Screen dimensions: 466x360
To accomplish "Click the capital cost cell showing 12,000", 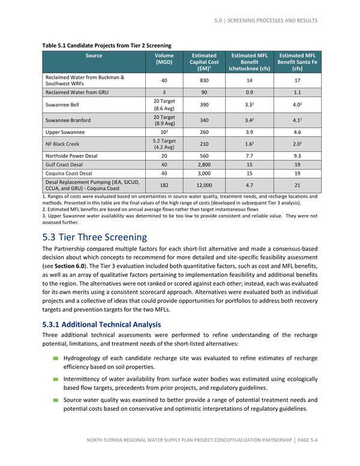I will pos(203,186).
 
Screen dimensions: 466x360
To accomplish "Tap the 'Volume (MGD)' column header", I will pos(164,59).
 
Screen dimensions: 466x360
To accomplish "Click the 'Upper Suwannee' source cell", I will pos(65,132).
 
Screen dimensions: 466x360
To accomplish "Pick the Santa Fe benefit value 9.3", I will pos(296,155).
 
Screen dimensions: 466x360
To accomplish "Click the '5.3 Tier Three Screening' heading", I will pos(95,237).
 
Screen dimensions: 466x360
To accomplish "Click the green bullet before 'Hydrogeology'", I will pos(55,359).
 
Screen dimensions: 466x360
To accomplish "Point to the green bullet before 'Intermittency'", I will pos(55,379).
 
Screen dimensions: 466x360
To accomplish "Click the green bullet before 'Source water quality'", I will pos(55,400).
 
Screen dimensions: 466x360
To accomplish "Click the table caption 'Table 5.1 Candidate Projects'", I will pos(107,45).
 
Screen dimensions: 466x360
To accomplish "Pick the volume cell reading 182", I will pos(164,186).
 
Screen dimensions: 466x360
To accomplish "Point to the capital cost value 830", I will pos(203,80).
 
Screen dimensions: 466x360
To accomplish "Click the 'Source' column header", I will pos(94,56).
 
